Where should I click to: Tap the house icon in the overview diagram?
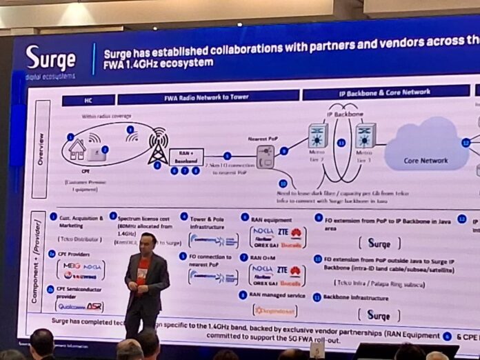coord(77,149)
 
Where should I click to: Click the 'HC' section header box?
coord(88,101)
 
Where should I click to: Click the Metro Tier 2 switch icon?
coord(318,134)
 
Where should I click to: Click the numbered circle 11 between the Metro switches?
coord(341,143)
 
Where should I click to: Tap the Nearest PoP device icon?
coord(265,158)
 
